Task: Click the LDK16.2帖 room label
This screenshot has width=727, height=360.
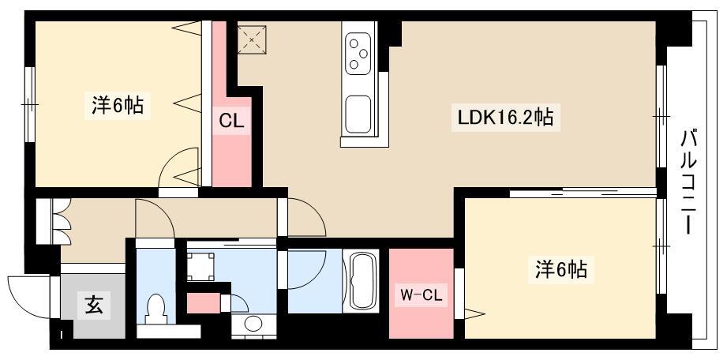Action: coord(506,118)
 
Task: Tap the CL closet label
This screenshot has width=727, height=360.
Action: coord(231,121)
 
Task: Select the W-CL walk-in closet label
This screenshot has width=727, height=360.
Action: coord(421,294)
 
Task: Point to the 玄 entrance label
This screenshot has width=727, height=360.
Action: coord(94,305)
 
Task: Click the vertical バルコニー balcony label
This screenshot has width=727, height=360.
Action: coord(688,182)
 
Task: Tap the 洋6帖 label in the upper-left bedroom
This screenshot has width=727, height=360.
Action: coord(118,106)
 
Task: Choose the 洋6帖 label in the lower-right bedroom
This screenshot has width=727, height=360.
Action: coord(561,269)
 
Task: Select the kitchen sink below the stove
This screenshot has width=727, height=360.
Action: coord(358,114)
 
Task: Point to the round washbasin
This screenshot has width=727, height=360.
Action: coord(253,324)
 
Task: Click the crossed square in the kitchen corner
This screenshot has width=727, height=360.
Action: coord(252,40)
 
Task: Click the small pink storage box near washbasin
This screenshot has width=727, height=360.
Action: coord(203,303)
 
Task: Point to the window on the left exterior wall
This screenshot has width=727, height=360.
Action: coord(30,104)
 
